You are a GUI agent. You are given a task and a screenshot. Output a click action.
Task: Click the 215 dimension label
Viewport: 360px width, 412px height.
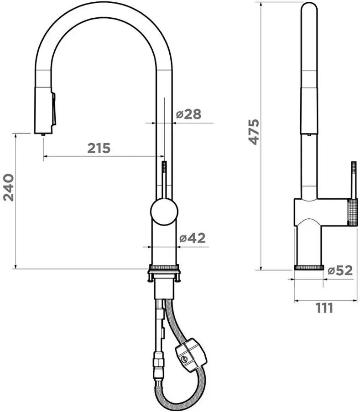99,148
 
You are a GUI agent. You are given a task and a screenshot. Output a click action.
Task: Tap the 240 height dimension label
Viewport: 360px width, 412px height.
9,187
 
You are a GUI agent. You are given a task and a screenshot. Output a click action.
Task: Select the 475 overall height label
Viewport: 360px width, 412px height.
254,132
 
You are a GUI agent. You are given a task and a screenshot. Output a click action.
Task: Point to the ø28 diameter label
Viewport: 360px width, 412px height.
188,114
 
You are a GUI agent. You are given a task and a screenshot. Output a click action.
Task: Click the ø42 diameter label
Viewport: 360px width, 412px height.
193,238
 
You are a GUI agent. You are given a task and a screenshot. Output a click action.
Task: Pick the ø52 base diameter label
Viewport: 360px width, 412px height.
340,270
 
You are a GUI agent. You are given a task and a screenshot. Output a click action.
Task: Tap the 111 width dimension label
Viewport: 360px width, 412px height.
324,308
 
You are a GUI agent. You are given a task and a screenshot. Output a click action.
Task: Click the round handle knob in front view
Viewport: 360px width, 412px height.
164,211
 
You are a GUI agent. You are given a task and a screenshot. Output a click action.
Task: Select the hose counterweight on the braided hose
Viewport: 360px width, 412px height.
191,355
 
